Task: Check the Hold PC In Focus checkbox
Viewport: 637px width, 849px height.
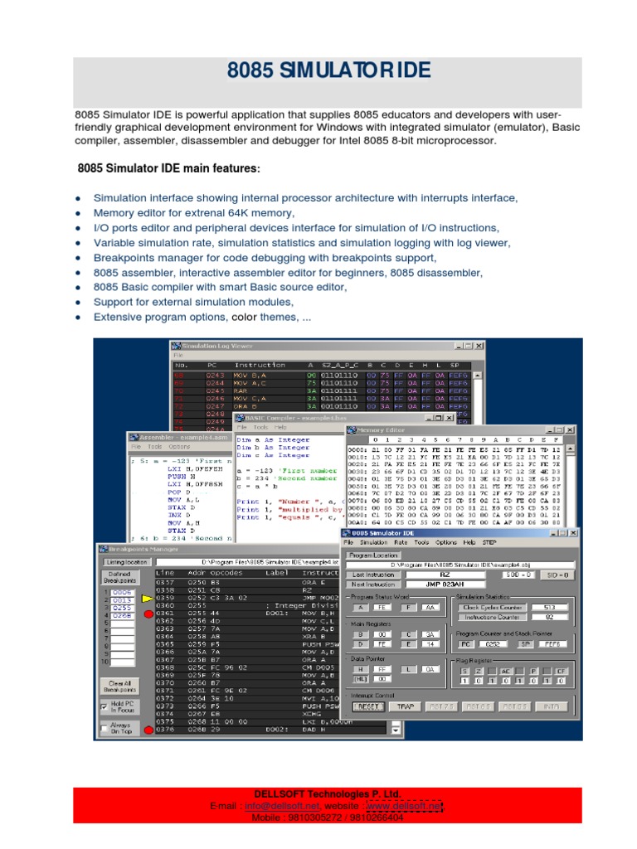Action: (x=104, y=706)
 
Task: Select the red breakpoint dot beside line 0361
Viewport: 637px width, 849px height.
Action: (x=148, y=612)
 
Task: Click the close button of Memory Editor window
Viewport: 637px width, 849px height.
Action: (x=570, y=429)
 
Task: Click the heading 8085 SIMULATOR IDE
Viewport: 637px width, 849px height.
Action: (x=328, y=72)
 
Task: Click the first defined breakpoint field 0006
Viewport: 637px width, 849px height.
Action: (x=122, y=592)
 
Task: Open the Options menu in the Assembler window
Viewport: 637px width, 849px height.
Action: (x=179, y=445)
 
